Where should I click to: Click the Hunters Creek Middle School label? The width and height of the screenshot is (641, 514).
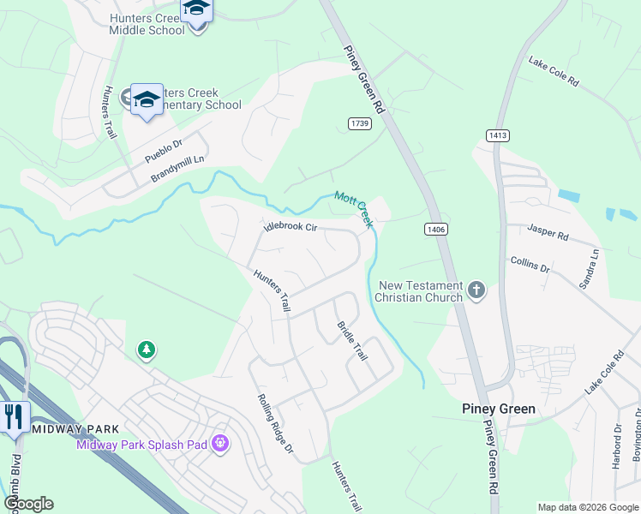click(147, 23)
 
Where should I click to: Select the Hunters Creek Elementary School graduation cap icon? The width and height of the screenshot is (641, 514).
click(147, 99)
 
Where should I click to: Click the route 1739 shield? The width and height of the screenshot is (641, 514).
click(360, 124)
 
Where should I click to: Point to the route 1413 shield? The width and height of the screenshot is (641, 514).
click(497, 135)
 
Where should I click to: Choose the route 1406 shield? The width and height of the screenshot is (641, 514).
click(436, 229)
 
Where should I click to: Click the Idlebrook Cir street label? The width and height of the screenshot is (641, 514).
click(291, 227)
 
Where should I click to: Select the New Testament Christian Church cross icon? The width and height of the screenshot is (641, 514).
click(477, 291)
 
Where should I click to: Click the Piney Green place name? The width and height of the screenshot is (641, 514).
click(499, 409)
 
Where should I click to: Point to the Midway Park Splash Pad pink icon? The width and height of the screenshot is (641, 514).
click(220, 443)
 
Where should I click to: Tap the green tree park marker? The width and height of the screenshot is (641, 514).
click(147, 350)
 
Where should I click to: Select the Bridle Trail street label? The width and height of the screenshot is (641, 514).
click(351, 340)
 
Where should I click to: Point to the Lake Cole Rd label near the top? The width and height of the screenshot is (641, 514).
click(554, 73)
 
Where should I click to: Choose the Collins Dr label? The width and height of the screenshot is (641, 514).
click(530, 266)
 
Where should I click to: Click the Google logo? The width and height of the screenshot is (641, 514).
click(27, 504)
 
